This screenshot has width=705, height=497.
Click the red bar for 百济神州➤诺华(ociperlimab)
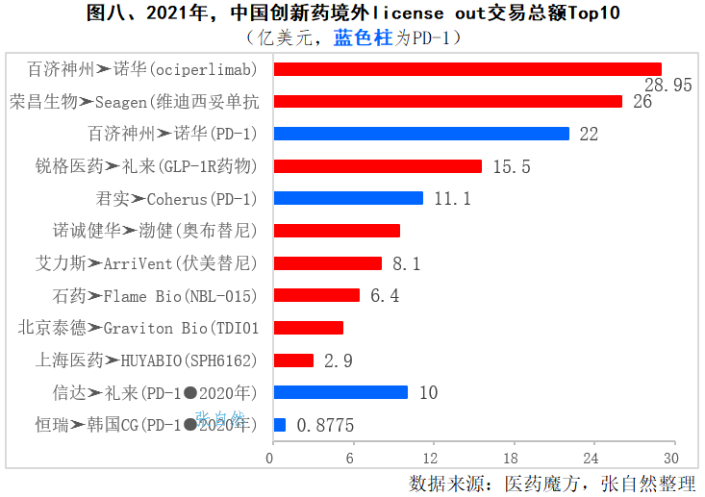[467, 69]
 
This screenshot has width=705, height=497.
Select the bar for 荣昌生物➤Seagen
[448, 101]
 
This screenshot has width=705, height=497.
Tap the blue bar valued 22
[421, 134]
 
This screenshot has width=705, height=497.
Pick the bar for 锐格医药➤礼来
[378, 166]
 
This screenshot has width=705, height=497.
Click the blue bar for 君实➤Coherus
[348, 198]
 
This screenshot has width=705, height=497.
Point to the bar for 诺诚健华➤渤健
[337, 231]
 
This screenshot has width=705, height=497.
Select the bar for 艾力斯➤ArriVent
[328, 263]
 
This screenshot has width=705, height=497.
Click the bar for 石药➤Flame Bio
[316, 295]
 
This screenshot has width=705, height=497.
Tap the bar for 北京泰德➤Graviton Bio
[309, 328]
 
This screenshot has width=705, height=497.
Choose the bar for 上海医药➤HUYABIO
[293, 360]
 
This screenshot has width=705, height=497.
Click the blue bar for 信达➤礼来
[340, 392]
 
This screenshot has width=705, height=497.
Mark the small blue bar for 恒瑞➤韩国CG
[280, 425]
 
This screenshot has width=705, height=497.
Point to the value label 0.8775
[325, 425]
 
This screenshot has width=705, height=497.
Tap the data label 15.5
[512, 166]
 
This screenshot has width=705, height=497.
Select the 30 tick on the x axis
[669, 456]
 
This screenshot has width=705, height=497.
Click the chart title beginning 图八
[352, 13]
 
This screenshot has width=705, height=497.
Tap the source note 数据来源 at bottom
[552, 483]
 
